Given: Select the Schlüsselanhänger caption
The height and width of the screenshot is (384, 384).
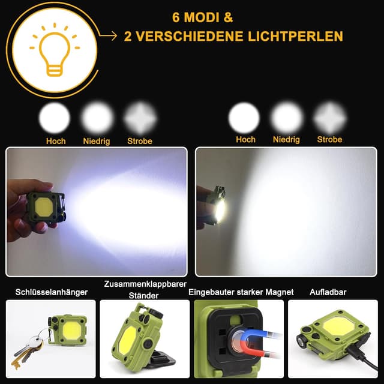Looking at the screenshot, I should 52,292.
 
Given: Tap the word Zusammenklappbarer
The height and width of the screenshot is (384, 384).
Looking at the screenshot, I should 145,284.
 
